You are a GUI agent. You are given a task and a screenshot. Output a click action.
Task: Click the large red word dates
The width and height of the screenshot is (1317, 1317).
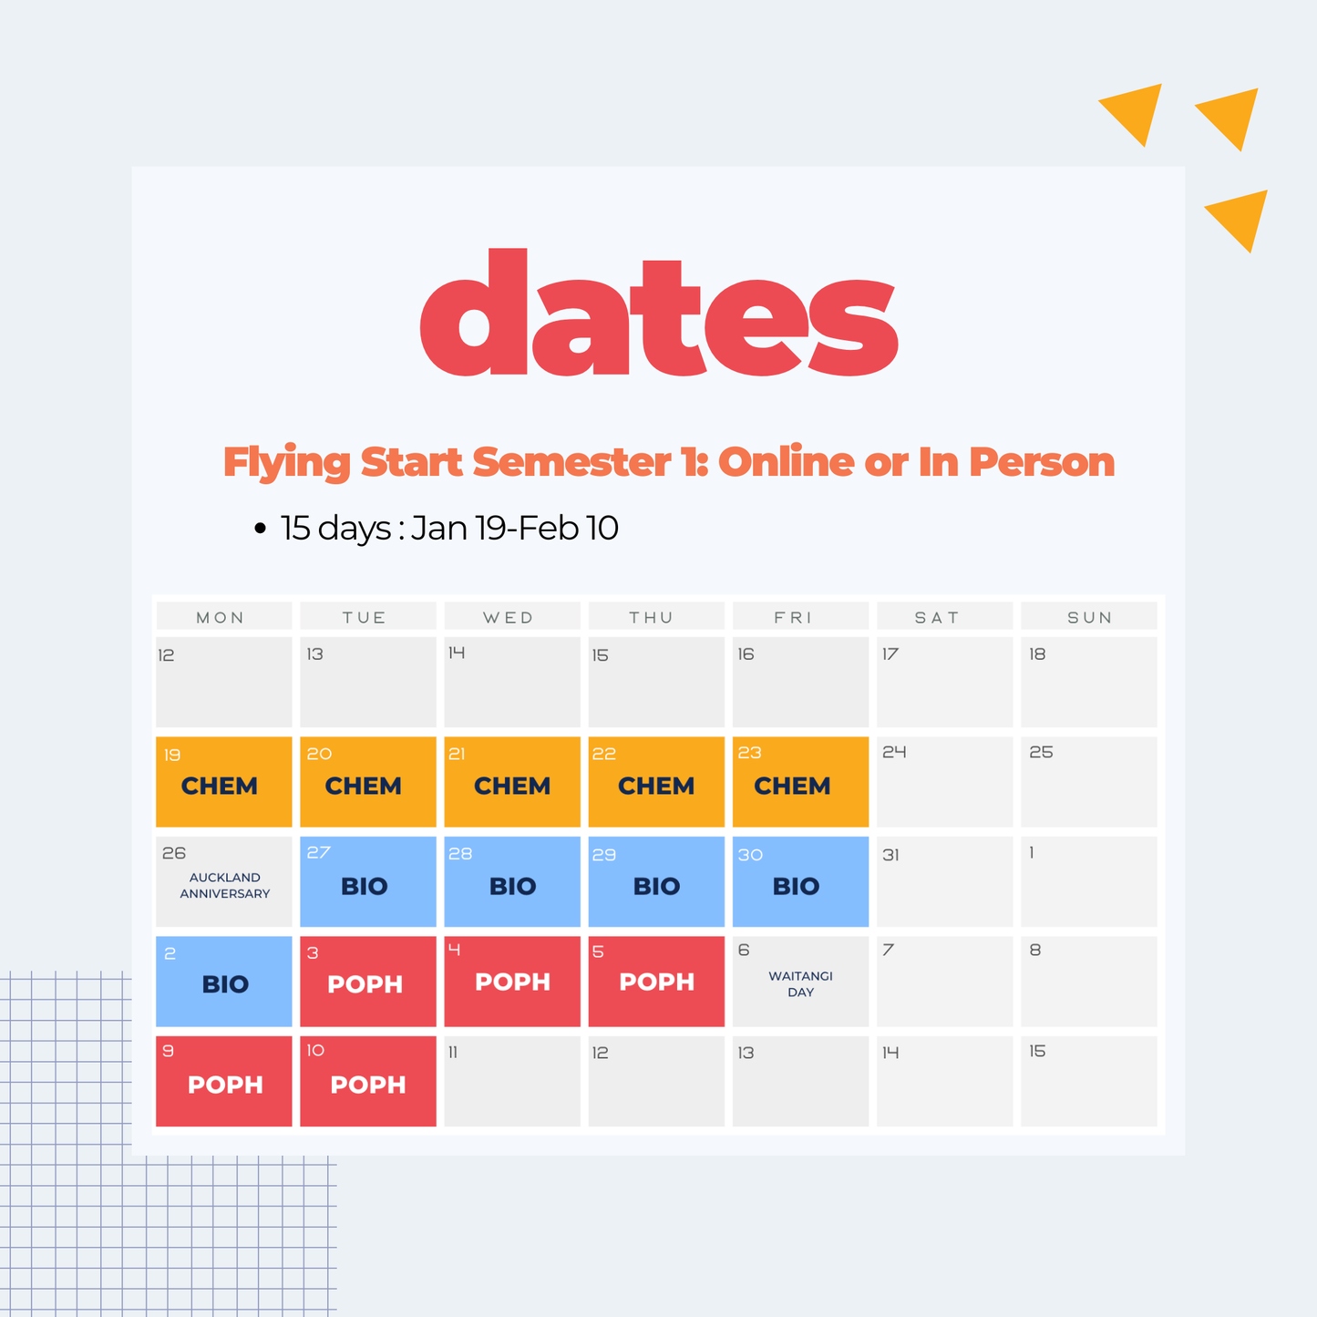click(x=658, y=314)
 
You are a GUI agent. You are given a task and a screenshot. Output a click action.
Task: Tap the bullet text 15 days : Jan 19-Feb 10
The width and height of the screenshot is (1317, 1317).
click(x=449, y=528)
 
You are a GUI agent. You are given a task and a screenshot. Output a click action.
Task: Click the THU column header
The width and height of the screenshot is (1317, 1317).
click(x=651, y=617)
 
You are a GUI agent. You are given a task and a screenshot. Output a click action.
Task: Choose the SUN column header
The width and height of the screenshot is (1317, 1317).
click(x=1089, y=617)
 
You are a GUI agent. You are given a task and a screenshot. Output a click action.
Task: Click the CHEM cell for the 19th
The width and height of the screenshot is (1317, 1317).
click(x=223, y=782)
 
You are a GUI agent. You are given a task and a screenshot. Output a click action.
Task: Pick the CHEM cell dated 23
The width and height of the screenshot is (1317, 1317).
click(x=800, y=782)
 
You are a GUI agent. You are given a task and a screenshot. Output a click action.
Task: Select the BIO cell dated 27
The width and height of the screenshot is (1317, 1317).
click(x=367, y=881)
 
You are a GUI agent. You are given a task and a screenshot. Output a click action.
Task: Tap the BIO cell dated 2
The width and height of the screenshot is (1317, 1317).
click(x=223, y=981)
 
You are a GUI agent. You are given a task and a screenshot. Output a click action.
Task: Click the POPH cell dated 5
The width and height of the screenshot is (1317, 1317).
click(x=656, y=981)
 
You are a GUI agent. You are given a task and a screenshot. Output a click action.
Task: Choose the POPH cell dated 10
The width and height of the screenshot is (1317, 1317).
click(x=367, y=1081)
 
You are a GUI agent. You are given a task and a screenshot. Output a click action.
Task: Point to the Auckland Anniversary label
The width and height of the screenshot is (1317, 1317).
click(x=224, y=886)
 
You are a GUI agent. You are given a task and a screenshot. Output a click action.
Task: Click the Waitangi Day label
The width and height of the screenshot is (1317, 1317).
click(x=800, y=984)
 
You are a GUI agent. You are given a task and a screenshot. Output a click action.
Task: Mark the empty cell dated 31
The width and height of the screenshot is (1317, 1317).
click(x=944, y=881)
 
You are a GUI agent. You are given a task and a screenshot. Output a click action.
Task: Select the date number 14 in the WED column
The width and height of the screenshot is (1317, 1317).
click(x=457, y=653)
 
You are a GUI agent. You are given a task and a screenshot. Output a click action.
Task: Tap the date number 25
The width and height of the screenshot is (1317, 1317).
click(x=1041, y=753)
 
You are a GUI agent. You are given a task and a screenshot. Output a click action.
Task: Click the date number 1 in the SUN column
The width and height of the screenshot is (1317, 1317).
click(x=1032, y=853)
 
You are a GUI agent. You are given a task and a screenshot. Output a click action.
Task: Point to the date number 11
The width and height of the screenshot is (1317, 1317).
click(x=453, y=1053)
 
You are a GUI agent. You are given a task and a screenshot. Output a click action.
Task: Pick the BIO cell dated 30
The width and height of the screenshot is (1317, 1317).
click(x=800, y=881)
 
